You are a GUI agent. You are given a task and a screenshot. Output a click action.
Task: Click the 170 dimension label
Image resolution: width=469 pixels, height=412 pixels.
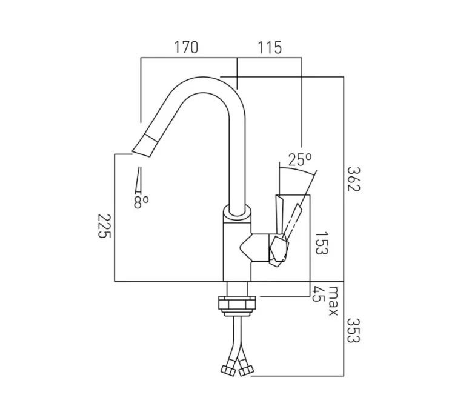(x=187, y=47)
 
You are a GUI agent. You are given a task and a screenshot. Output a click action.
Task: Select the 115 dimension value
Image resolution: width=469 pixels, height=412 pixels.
(x=269, y=47)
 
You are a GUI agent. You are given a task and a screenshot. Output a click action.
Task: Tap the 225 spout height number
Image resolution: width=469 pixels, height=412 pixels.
(x=104, y=225)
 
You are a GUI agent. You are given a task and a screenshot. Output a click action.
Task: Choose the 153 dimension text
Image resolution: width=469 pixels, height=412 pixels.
(x=321, y=243)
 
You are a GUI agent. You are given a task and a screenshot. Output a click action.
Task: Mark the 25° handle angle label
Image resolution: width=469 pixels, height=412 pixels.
(x=299, y=160)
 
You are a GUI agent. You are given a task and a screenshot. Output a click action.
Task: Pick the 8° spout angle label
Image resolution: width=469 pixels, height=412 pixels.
(x=141, y=202)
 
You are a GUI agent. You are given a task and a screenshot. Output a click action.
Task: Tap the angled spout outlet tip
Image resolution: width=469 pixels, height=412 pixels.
(x=144, y=145)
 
